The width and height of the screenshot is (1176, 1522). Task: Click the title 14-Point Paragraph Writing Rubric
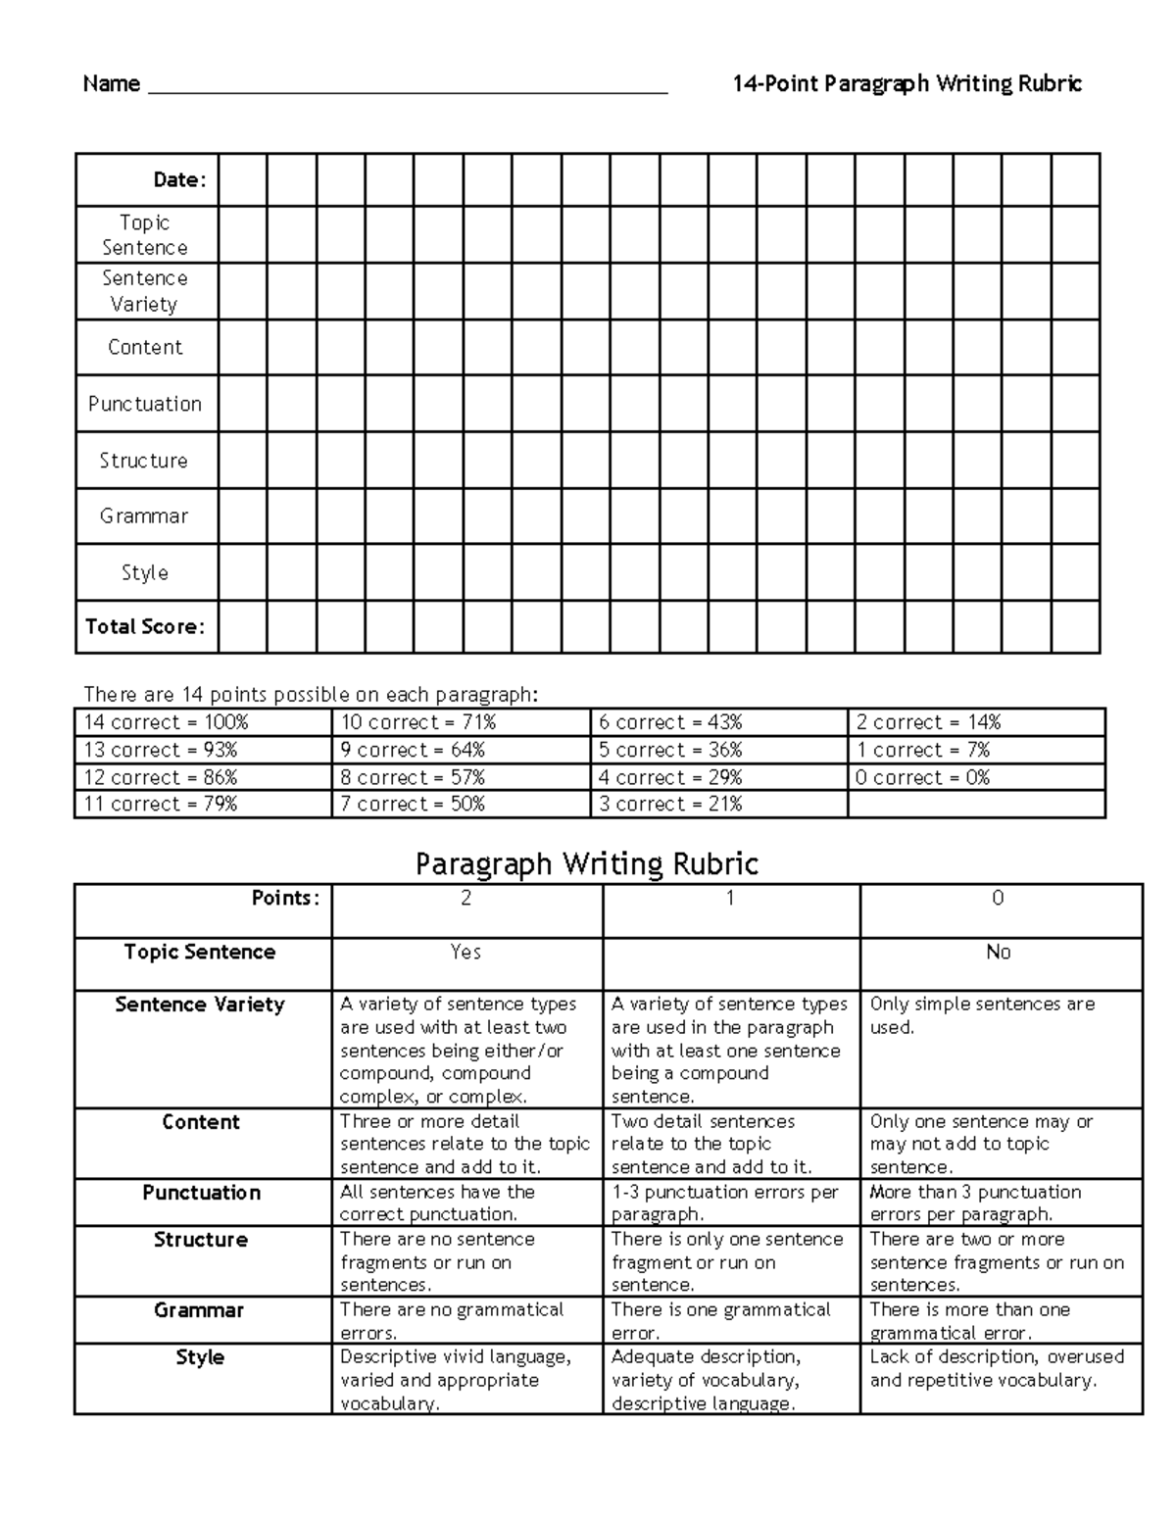pyautogui.click(x=906, y=83)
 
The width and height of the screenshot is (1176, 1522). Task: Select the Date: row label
pyautogui.click(x=179, y=179)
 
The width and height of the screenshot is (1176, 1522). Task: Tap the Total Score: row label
pyautogui.click(x=145, y=626)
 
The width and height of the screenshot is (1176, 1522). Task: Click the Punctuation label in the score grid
pyautogui.click(x=145, y=404)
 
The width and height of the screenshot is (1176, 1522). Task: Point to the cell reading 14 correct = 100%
pyautogui.click(x=167, y=722)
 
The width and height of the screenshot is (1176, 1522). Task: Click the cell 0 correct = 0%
pyautogui.click(x=922, y=777)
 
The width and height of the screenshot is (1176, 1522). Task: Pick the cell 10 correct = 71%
pyautogui.click(x=418, y=722)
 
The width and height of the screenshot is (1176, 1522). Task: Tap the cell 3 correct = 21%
pyautogui.click(x=670, y=804)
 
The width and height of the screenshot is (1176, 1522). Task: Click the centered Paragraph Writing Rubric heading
pyautogui.click(x=587, y=863)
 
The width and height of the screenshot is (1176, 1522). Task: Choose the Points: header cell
pyautogui.click(x=285, y=899)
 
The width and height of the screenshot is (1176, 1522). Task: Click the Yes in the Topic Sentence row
pyautogui.click(x=465, y=952)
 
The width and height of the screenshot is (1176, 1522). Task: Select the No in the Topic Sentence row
pyautogui.click(x=998, y=952)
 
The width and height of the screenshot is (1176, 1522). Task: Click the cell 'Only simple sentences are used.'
pyautogui.click(x=982, y=1015)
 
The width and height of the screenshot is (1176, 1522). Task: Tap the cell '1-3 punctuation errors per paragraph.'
pyautogui.click(x=725, y=1203)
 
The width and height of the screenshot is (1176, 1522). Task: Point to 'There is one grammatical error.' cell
pyautogui.click(x=720, y=1320)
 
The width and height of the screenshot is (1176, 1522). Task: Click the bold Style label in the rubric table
pyautogui.click(x=200, y=1357)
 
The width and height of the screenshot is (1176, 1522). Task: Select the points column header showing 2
pyautogui.click(x=466, y=899)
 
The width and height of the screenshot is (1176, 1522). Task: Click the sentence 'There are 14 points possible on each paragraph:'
pyautogui.click(x=311, y=695)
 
